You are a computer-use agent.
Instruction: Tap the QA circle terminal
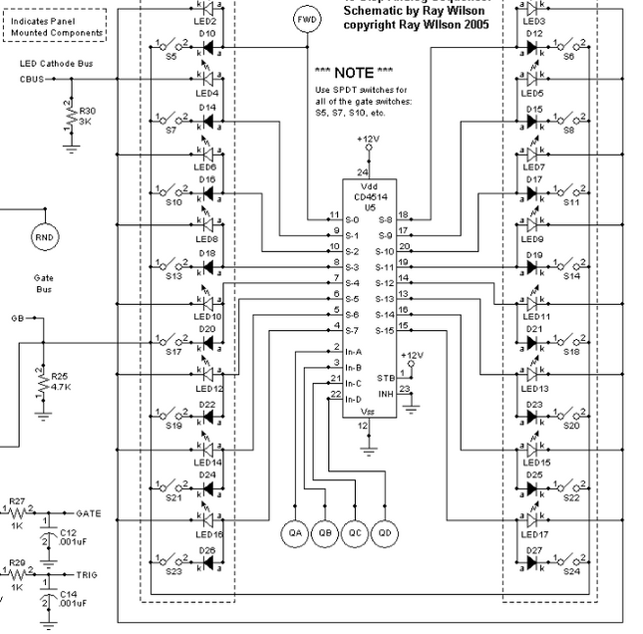click(296, 532)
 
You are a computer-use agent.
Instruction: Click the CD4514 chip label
click(370, 196)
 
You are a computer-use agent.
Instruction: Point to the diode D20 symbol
click(207, 342)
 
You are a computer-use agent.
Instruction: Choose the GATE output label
click(89, 513)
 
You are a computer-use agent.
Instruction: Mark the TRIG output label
click(87, 576)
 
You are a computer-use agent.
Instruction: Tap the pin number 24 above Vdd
click(362, 171)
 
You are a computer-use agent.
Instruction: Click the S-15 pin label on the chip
click(384, 329)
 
